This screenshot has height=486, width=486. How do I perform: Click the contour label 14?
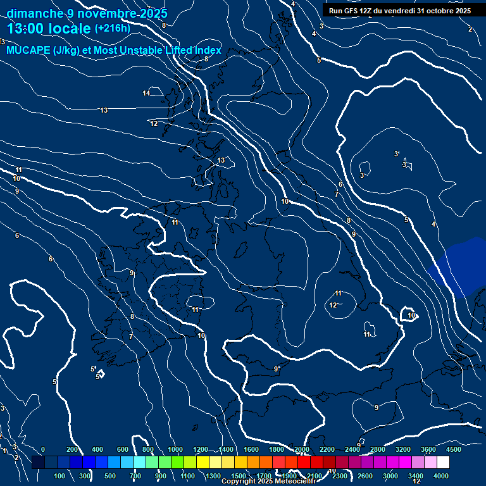pos(146,94)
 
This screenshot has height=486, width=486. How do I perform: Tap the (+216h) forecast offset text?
pos(112,28)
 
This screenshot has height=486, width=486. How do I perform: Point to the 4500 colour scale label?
pos(453,449)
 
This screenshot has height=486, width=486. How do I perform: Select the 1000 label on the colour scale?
pos(175,449)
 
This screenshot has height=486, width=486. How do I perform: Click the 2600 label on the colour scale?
pos(365,476)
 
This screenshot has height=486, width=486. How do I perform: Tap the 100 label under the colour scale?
pos(59,476)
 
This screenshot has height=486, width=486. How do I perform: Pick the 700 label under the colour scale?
pos(135,476)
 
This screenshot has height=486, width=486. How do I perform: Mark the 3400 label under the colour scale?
pos(416,476)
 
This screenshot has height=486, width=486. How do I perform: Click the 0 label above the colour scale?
pos(42,449)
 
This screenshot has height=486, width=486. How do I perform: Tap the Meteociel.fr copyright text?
pos(269,482)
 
